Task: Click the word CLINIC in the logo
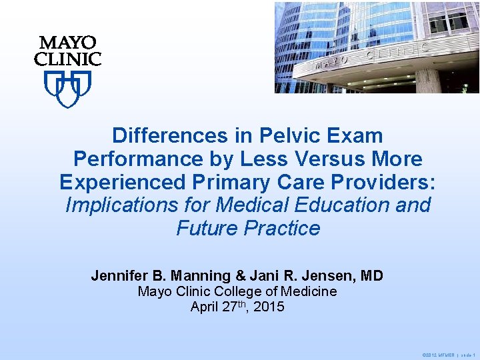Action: [x=67, y=59]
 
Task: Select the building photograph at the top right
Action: [x=377, y=47]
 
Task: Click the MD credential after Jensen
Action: [x=371, y=275]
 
